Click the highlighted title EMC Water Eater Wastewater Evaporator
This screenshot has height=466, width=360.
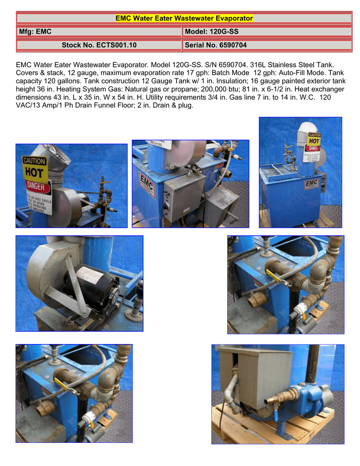click(184, 19)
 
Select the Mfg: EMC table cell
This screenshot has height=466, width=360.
click(99, 32)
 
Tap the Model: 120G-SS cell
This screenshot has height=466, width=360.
click(267, 32)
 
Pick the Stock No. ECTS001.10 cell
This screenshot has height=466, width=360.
click(99, 45)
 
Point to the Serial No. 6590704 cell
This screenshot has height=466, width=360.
click(267, 45)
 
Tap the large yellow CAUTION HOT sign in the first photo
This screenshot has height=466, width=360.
click(35, 168)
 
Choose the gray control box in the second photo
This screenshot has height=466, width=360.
click(184, 196)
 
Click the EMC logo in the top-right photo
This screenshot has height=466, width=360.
click(312, 183)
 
